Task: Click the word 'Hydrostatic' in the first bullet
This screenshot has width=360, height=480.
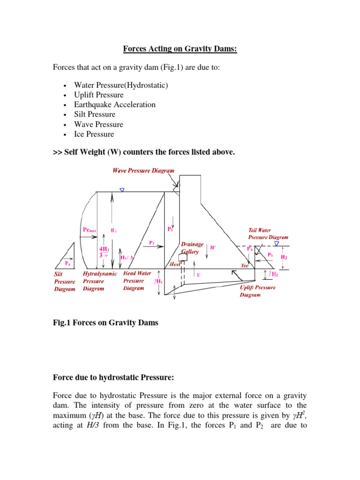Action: tap(145, 85)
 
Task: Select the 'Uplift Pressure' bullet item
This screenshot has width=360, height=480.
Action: tap(99, 95)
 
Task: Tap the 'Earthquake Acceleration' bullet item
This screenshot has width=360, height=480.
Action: tap(115, 105)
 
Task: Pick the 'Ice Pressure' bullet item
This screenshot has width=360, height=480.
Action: tap(94, 134)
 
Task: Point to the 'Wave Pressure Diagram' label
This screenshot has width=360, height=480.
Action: tap(143, 171)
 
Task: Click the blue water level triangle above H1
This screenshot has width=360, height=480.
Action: tap(122, 190)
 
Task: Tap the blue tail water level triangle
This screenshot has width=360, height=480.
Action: tap(277, 244)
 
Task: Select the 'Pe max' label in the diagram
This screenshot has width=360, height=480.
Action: tap(90, 230)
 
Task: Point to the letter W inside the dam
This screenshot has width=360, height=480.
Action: tap(212, 247)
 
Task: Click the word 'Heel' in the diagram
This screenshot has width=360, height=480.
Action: tap(175, 264)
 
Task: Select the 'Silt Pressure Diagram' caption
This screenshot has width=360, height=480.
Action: tap(64, 282)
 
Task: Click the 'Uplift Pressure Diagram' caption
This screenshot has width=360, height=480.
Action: tap(257, 291)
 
